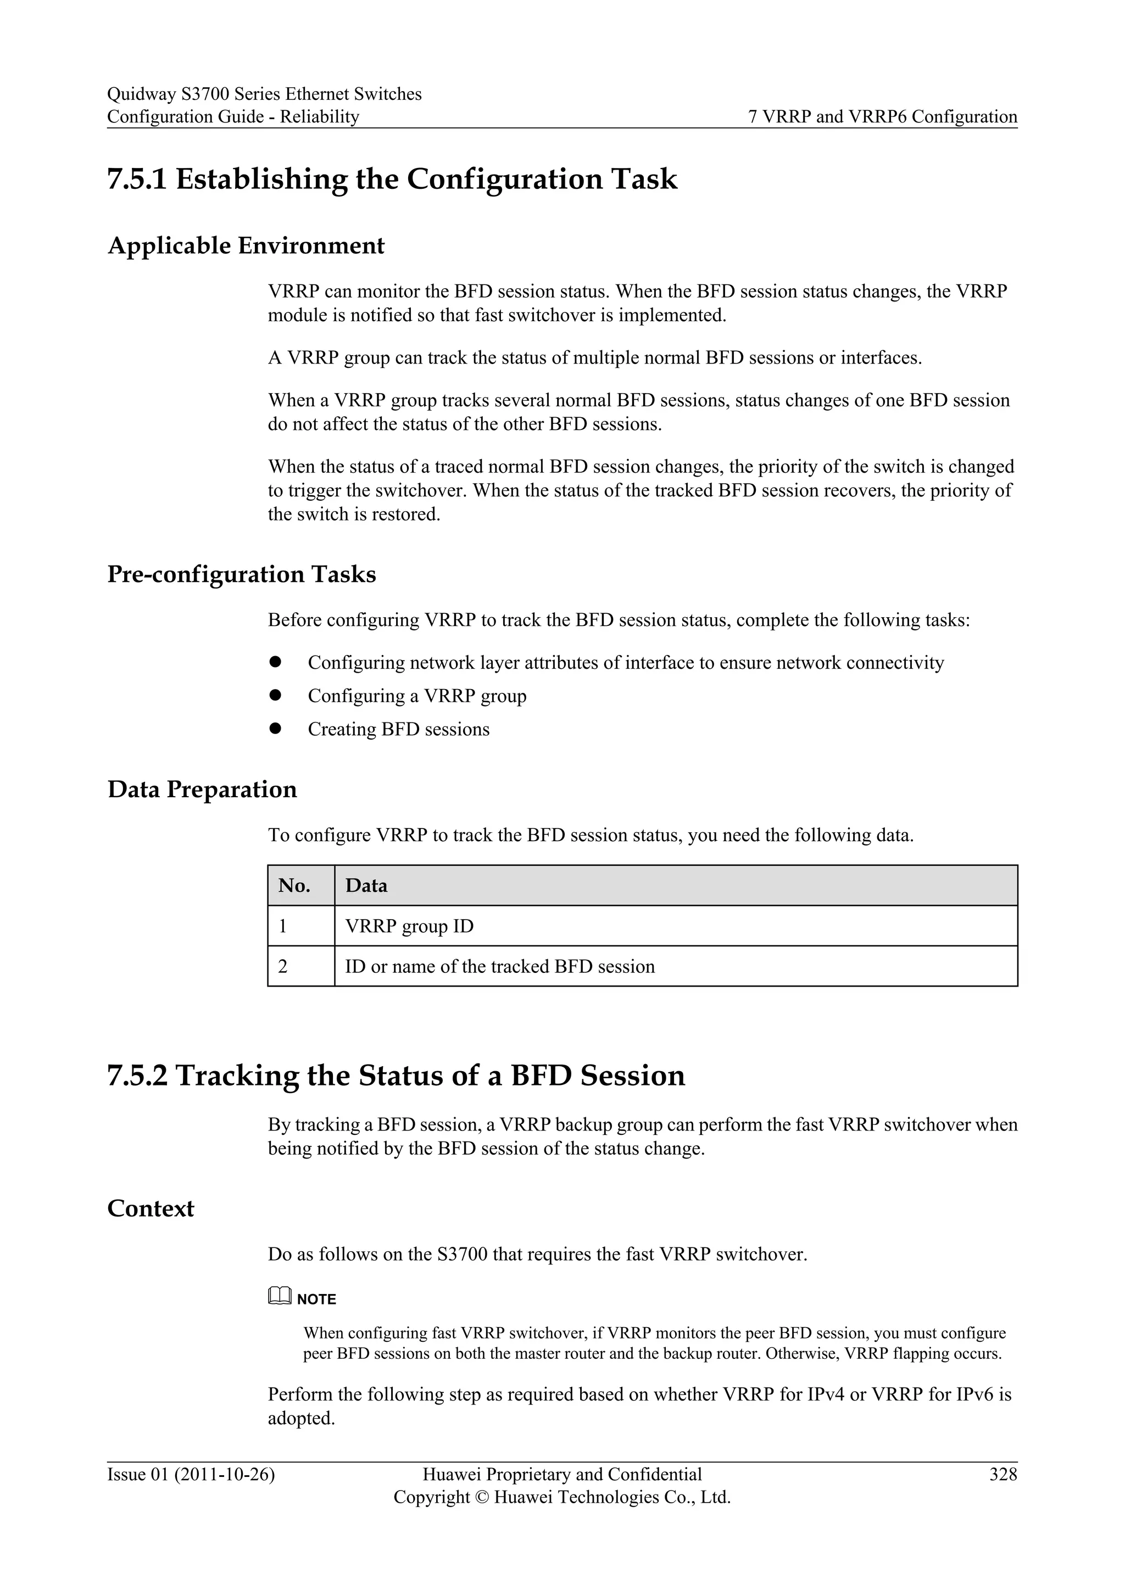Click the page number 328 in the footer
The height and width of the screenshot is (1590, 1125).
[x=1003, y=1474]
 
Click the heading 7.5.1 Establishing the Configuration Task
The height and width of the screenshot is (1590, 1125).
[x=392, y=180]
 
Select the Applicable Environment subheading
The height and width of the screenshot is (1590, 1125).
[x=246, y=246]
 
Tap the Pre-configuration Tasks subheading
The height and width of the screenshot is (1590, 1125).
[x=242, y=574]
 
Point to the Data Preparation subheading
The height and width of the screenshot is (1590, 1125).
[x=202, y=790]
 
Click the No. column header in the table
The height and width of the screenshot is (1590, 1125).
[x=294, y=886]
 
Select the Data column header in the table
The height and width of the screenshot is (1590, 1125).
[x=366, y=886]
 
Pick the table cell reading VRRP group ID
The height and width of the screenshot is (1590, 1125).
[x=409, y=926]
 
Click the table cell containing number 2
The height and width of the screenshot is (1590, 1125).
[x=283, y=966]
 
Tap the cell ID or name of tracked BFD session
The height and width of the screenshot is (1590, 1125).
[x=499, y=966]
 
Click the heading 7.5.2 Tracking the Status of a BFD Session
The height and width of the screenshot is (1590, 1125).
[x=396, y=1076]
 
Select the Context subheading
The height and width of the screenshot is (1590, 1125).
[x=151, y=1208]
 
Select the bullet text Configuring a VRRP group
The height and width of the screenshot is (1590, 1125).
[x=417, y=696]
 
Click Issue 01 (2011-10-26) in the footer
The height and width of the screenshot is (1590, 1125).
[x=191, y=1474]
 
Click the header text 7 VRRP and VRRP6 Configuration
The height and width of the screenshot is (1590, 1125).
[x=883, y=116]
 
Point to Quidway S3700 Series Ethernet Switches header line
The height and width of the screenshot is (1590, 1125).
[x=264, y=94]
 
